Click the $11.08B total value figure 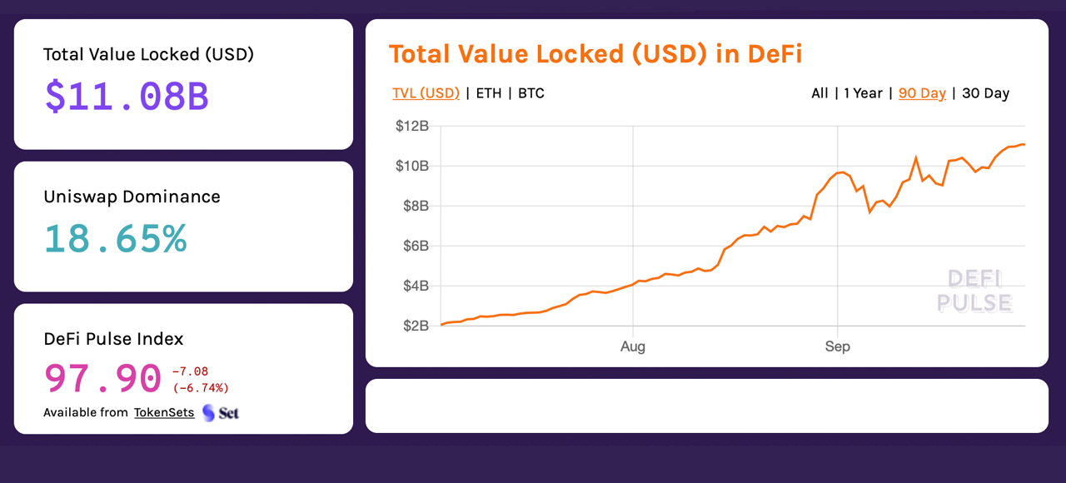click(x=127, y=97)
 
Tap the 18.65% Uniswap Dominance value click(x=115, y=238)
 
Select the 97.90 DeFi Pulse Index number click(x=102, y=378)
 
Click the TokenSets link click(x=164, y=412)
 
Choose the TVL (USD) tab click(x=426, y=93)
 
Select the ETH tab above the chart click(x=489, y=93)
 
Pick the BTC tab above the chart click(x=531, y=93)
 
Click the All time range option click(x=819, y=93)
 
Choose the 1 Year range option click(x=863, y=93)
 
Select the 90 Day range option click(x=922, y=93)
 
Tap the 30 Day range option click(x=985, y=93)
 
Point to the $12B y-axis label click(x=412, y=126)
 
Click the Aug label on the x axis click(x=633, y=346)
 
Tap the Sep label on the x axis click(x=838, y=346)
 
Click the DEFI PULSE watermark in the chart click(x=974, y=291)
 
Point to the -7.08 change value click(x=190, y=371)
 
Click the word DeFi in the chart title click(x=775, y=54)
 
